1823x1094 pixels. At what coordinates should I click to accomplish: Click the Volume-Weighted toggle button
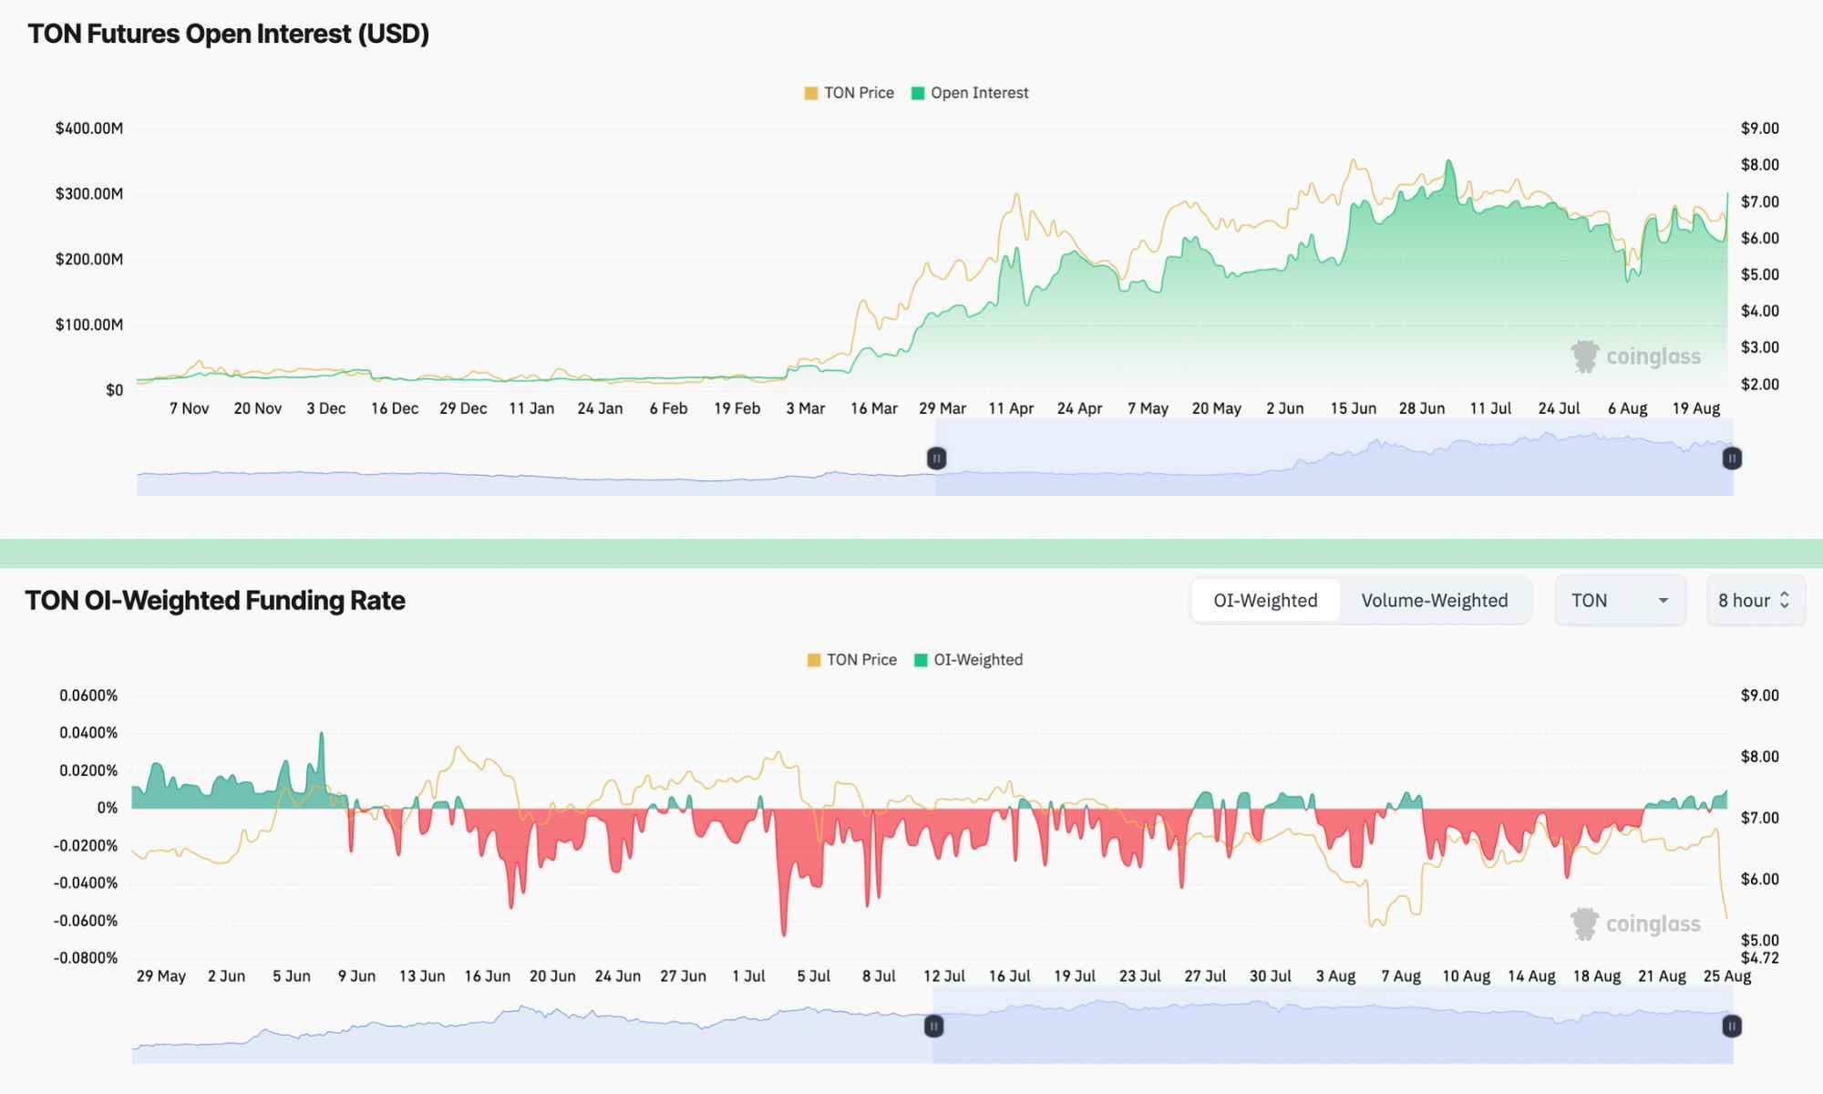[1434, 601]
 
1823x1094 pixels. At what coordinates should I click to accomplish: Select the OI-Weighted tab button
[1265, 601]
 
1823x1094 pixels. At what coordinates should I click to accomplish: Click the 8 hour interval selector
[1755, 601]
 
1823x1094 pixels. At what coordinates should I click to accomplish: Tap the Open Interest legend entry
[970, 93]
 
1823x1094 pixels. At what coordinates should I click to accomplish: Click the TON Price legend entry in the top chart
[850, 93]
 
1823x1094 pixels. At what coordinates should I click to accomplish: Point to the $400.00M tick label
[89, 129]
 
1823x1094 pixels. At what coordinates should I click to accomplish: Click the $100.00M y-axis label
[89, 325]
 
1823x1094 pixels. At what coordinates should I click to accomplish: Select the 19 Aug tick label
[1696, 408]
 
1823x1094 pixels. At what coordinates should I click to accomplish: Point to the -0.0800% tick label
[86, 958]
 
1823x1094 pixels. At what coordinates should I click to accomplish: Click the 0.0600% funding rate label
[88, 696]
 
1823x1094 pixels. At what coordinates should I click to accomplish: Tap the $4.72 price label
[1760, 958]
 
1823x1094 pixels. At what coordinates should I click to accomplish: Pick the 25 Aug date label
[1727, 976]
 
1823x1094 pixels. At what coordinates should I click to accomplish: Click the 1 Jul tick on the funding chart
[748, 976]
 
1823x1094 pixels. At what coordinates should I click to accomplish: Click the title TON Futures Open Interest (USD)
[229, 34]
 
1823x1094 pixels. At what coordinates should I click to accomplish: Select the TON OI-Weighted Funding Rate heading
[215, 601]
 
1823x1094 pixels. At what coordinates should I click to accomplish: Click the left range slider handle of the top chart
[936, 459]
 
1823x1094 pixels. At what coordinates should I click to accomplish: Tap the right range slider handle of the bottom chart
[1732, 1027]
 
